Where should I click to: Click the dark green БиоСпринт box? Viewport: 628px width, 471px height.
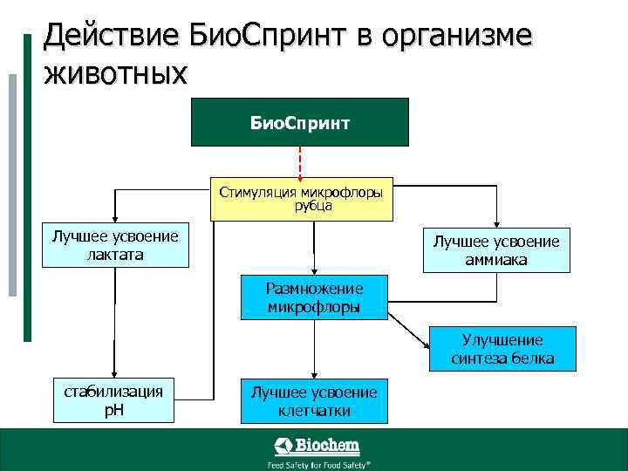pos(300,121)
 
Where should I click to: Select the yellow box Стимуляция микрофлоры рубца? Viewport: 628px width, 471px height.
pos(301,199)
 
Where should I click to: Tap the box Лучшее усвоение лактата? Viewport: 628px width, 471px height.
pos(115,245)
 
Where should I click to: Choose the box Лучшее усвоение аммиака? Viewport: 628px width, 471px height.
pos(496,249)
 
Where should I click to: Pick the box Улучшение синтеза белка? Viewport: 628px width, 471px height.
pos(502,349)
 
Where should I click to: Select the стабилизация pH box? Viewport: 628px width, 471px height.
pos(113,400)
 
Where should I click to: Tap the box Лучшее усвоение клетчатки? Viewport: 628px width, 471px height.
pos(314,401)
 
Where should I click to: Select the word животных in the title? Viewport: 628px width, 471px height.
pos(115,73)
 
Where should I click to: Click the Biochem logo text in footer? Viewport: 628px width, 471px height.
pos(327,447)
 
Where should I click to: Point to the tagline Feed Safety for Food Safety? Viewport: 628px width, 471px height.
pos(318,465)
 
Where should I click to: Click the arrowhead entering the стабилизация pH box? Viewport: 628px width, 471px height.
pos(113,373)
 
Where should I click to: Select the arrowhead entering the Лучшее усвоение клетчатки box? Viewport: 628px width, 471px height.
pos(314,373)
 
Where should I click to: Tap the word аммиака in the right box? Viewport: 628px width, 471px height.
pos(496,259)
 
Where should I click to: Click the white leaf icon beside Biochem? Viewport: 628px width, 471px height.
pos(283,447)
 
